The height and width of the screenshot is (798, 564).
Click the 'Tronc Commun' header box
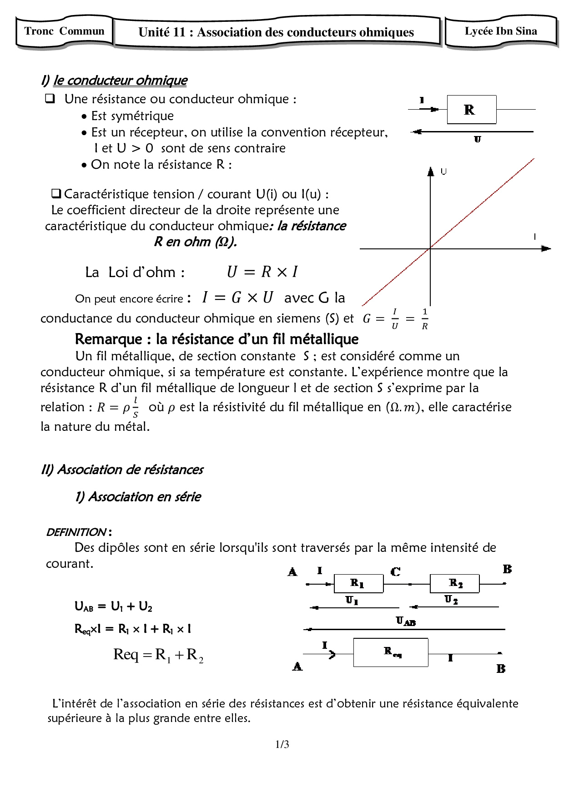(x=64, y=31)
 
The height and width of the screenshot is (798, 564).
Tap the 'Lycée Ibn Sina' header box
(x=501, y=31)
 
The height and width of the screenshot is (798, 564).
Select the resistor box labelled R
(x=471, y=110)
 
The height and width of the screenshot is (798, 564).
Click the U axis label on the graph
(x=444, y=172)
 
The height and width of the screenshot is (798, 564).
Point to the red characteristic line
(x=482, y=203)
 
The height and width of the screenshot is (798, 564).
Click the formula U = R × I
(x=262, y=272)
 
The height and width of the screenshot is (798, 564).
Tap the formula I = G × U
(x=237, y=298)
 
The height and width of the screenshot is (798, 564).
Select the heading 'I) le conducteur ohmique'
(x=114, y=81)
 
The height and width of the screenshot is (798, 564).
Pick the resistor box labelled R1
(x=358, y=583)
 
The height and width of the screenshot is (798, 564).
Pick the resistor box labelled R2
(x=454, y=583)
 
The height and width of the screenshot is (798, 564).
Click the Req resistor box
(x=391, y=652)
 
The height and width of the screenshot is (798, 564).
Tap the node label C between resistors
(x=395, y=571)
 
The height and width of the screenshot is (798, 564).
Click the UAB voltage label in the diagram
(x=405, y=621)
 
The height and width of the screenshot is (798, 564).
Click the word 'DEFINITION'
(x=76, y=532)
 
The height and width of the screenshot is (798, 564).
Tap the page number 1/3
(x=282, y=744)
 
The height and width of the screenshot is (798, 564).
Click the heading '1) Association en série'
(x=138, y=496)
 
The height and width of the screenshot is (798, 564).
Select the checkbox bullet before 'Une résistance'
(x=50, y=98)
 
